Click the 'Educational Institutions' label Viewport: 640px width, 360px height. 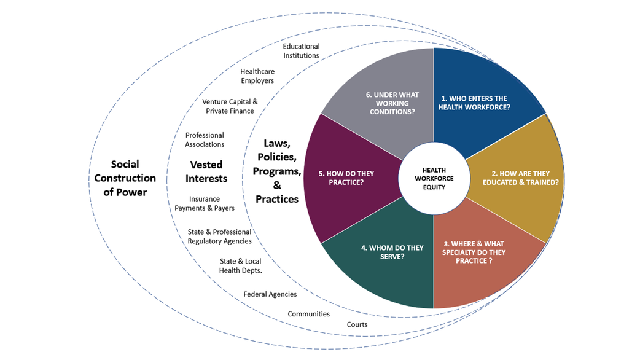coord(301,51)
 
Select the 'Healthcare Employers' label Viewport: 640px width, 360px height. coord(257,76)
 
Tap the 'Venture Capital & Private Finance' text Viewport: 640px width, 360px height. coord(230,106)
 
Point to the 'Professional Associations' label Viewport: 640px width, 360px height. coord(205,139)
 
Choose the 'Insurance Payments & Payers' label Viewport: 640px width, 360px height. coord(205,203)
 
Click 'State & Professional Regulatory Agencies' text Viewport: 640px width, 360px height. coord(219,237)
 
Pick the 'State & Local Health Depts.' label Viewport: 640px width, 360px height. coord(240,266)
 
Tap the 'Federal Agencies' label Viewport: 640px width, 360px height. coord(270,294)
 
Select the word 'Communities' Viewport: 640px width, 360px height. coord(309,314)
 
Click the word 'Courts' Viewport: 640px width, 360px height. coord(357,324)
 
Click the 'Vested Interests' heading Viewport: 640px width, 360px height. coord(206,171)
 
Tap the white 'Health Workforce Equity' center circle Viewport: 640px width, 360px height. coord(434,178)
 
